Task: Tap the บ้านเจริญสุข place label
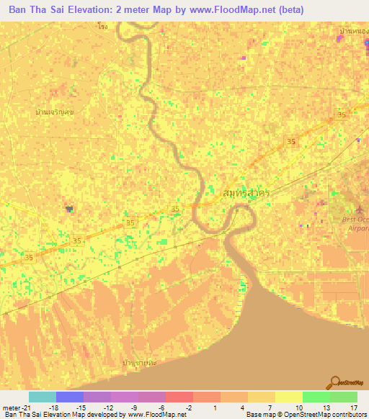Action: [55, 113]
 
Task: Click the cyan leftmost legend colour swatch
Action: [42, 397]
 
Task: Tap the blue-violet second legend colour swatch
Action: [69, 397]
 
